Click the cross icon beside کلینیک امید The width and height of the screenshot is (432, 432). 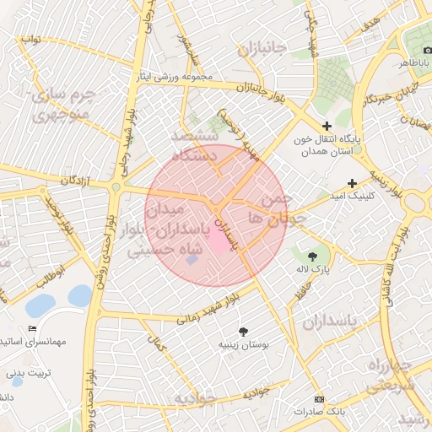pos(352,183)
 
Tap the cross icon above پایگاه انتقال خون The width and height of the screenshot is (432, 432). pos(327,126)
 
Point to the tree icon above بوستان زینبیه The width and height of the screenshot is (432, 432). pos(244,331)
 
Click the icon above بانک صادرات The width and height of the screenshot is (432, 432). pos(318,399)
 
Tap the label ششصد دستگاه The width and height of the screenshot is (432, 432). pos(195,145)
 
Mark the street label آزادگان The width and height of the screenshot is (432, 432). pos(75,181)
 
